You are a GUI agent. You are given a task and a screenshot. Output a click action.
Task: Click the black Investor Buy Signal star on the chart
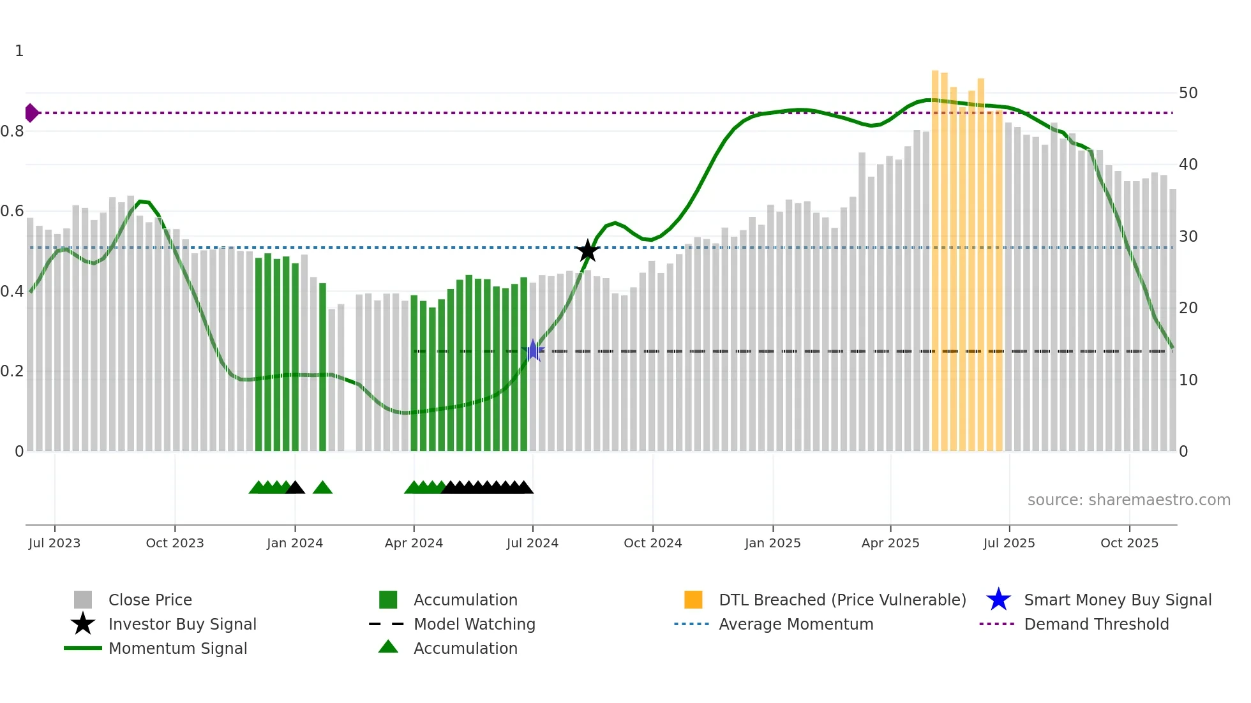pos(587,251)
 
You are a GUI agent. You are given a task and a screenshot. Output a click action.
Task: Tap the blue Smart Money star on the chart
pos(533,350)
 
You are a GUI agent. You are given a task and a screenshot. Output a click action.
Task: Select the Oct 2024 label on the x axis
pos(652,543)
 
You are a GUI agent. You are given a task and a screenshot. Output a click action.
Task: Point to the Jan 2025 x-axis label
pos(772,543)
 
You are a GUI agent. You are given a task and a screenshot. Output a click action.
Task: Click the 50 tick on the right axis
pos(1188,93)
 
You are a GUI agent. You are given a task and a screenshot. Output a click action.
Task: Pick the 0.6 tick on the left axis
pos(12,211)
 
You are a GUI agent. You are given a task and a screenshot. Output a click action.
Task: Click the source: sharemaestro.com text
pos(1128,500)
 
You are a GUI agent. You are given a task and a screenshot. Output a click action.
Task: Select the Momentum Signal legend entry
pos(177,648)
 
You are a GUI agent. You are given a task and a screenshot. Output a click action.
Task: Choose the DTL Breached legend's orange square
pos(693,600)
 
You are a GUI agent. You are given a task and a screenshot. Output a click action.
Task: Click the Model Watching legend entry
pos(474,624)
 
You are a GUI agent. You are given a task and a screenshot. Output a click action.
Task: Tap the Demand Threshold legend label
pos(1096,624)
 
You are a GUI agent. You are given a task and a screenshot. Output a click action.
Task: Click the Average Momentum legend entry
pos(795,624)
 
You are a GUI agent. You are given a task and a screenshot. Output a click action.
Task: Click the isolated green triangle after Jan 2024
pos(322,488)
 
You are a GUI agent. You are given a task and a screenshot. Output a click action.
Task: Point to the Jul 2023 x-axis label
pos(54,543)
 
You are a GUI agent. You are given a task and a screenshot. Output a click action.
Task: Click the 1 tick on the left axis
pos(19,51)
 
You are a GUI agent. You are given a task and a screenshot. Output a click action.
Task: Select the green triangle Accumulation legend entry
pos(465,648)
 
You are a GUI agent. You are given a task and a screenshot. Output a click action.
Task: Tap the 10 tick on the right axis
pos(1188,380)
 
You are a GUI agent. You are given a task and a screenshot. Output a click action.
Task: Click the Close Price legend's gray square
pos(83,600)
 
